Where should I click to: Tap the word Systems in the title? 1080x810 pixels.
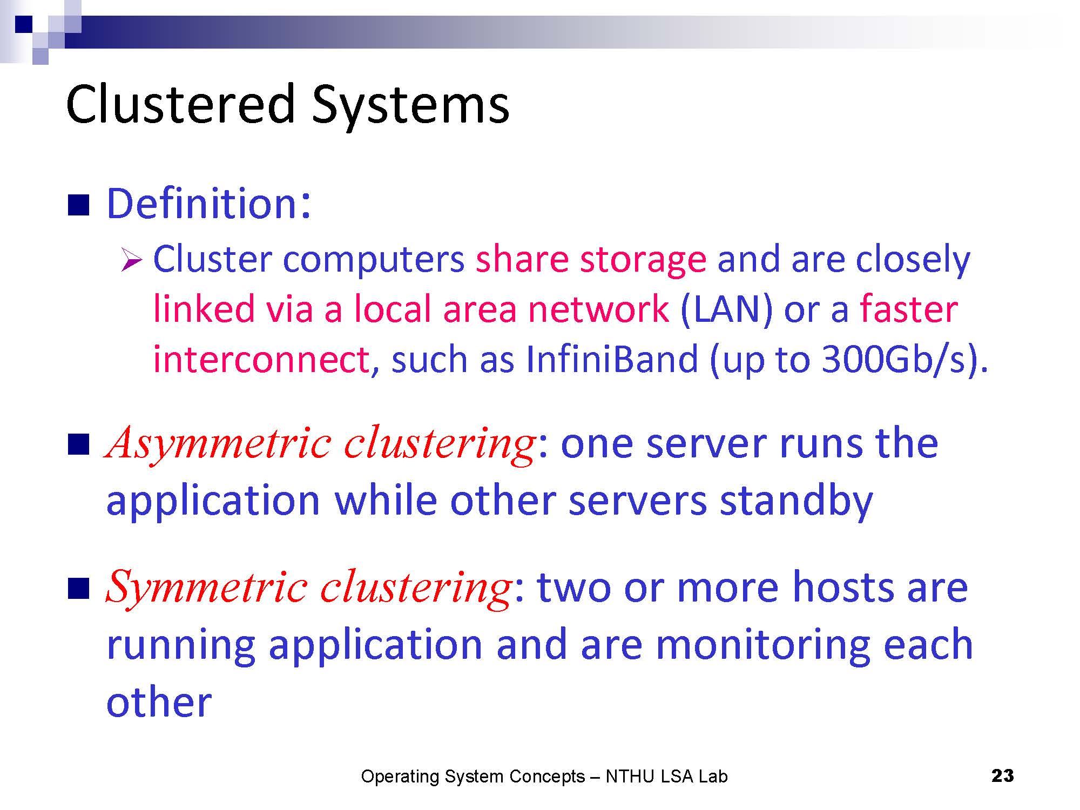click(410, 106)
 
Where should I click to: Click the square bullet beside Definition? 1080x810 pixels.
click(78, 205)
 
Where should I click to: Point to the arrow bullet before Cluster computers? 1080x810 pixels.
click(131, 260)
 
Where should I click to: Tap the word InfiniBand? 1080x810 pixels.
click(612, 359)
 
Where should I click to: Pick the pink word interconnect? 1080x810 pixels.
click(261, 360)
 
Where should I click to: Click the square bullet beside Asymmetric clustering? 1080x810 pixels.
click(78, 446)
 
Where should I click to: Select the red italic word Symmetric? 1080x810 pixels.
click(207, 588)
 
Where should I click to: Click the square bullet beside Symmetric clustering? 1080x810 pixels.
click(78, 589)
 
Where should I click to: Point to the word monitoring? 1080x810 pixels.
click(762, 646)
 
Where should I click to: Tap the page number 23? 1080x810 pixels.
click(1003, 776)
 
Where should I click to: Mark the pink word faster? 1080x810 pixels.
click(909, 309)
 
